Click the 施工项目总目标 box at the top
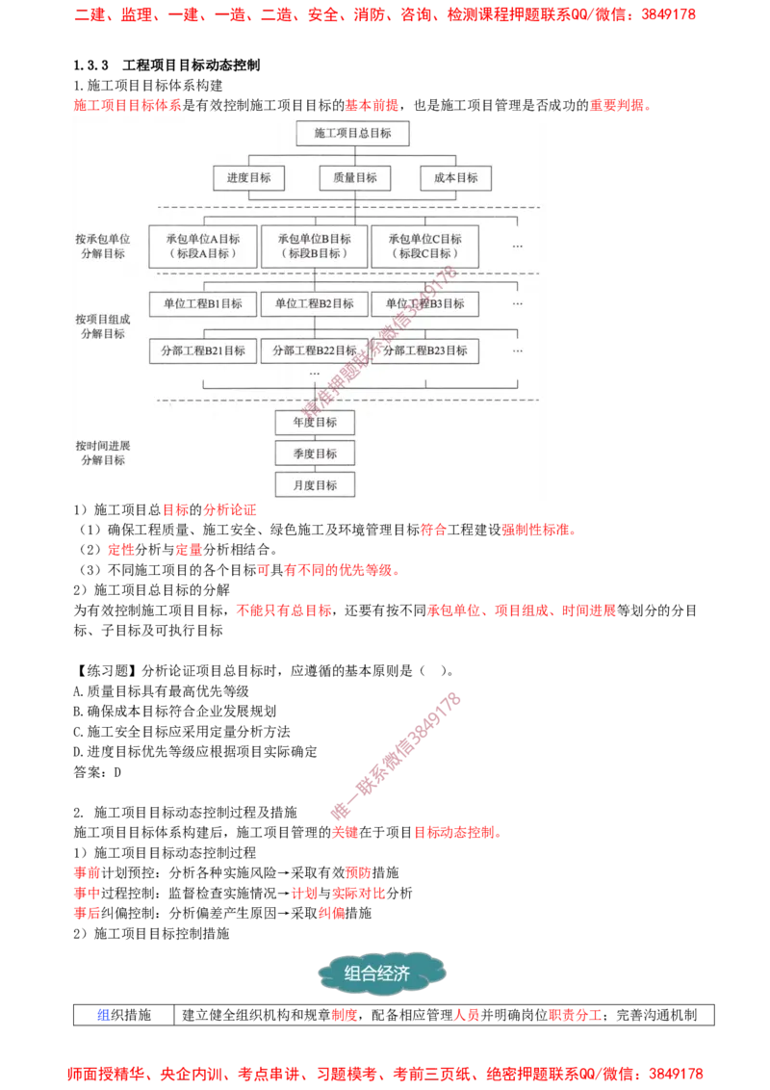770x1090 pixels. pyautogui.click(x=352, y=133)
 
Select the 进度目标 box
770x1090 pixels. pyautogui.click(x=248, y=178)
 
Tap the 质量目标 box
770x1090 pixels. pyautogui.click(x=354, y=178)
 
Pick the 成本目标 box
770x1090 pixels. pyautogui.click(x=455, y=178)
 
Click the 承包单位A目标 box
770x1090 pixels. pyautogui.click(x=203, y=247)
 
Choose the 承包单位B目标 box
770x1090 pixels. pyautogui.click(x=315, y=247)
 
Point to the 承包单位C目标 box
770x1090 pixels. pyautogui.click(x=425, y=247)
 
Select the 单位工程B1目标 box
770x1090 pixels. pyautogui.click(x=203, y=303)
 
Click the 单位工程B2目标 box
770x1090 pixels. pyautogui.click(x=315, y=303)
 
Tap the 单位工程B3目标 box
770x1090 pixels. pyautogui.click(x=425, y=303)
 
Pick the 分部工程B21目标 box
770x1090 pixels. pyautogui.click(x=203, y=350)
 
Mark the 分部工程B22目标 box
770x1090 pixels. pyautogui.click(x=315, y=350)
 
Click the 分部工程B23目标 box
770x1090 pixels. pyautogui.click(x=425, y=350)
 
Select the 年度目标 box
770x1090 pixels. pyautogui.click(x=315, y=422)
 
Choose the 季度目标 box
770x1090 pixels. pyautogui.click(x=315, y=454)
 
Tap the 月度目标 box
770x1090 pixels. pyautogui.click(x=315, y=484)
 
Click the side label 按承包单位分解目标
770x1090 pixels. pyautogui.click(x=103, y=247)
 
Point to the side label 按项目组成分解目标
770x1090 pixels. pyautogui.click(x=103, y=326)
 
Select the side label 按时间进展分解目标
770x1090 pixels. pyautogui.click(x=103, y=454)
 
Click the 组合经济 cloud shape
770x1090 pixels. pyautogui.click(x=382, y=973)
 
